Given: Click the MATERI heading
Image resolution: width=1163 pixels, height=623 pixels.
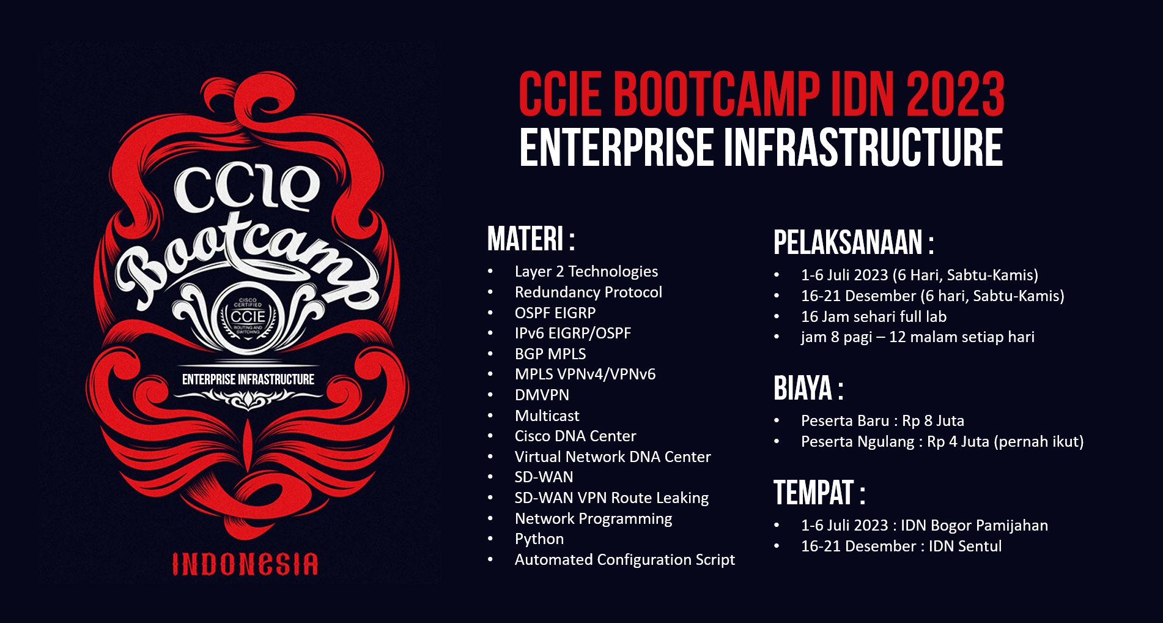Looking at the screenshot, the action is click(x=530, y=239).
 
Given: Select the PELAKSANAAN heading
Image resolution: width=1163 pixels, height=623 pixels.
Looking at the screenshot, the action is click(x=854, y=242).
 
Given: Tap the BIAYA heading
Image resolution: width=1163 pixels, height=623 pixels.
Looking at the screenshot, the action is click(x=808, y=388).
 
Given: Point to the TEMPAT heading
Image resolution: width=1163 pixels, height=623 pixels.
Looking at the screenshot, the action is click(x=819, y=493).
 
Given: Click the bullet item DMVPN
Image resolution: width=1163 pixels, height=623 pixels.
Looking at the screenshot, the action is click(x=542, y=395).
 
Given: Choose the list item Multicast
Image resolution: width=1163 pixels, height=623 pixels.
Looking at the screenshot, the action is click(x=547, y=416).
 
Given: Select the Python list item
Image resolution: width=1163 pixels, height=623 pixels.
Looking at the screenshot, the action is click(x=539, y=539).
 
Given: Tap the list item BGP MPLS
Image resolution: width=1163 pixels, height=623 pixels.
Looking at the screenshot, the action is click(x=550, y=354).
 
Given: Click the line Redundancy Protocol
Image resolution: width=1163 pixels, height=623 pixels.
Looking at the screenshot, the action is click(x=588, y=292).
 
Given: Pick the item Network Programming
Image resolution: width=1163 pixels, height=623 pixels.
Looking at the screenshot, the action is click(x=593, y=519).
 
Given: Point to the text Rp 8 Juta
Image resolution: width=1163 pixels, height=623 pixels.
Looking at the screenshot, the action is click(x=933, y=421).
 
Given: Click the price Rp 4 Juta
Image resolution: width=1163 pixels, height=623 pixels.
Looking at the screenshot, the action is click(x=958, y=442).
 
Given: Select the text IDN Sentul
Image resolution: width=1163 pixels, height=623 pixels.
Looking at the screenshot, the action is click(x=965, y=546).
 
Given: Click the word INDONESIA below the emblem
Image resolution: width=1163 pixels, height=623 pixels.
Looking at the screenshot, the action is click(x=245, y=564).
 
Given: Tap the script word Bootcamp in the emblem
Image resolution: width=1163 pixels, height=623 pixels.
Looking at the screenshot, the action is click(x=248, y=257).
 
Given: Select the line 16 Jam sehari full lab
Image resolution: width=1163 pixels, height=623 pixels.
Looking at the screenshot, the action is click(x=874, y=316).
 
